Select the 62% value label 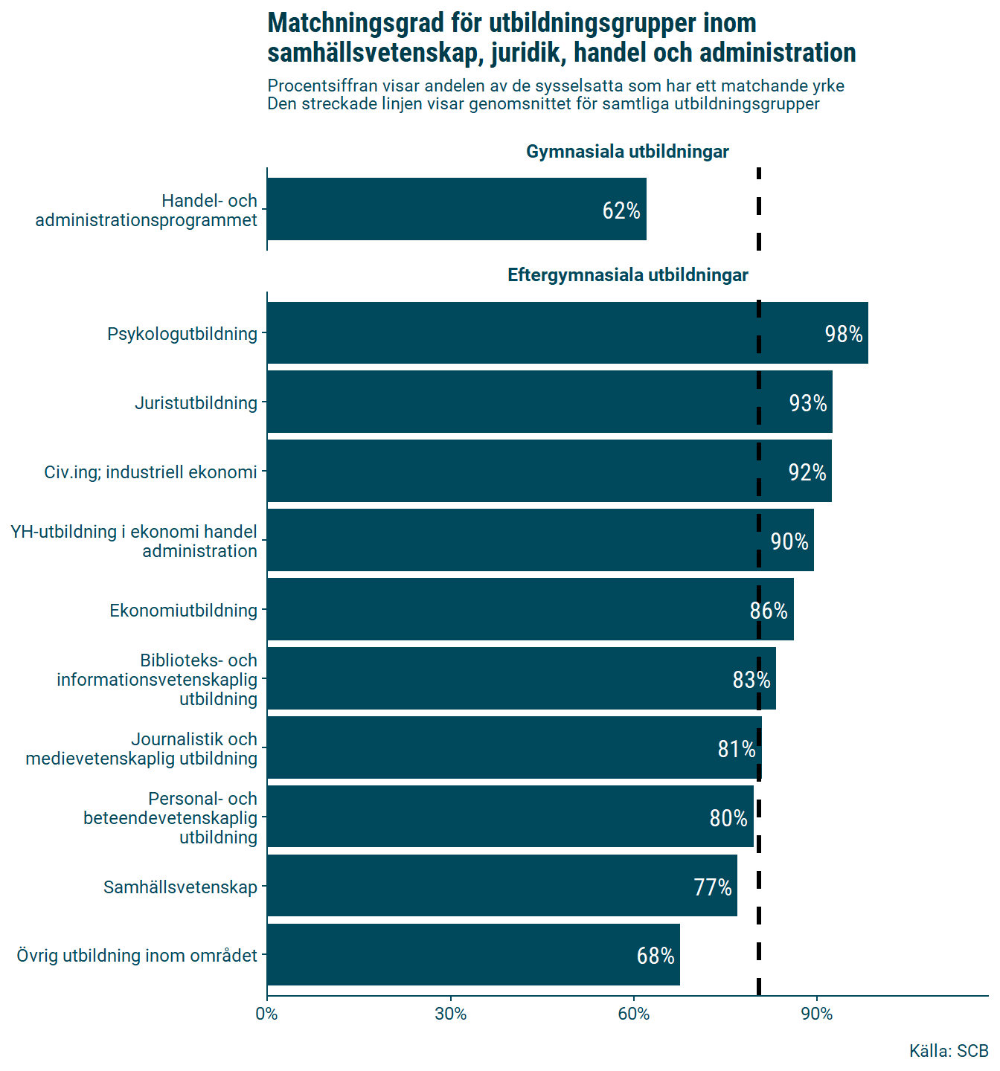[x=621, y=210]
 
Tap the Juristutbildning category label [x=196, y=403]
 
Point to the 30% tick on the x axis [x=451, y=1014]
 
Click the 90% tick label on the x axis [x=817, y=1014]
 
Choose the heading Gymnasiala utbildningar [x=627, y=152]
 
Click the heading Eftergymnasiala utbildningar [x=627, y=275]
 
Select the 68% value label [x=656, y=956]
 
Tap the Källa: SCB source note [x=949, y=1051]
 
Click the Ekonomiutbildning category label [x=183, y=611]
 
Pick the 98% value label [x=844, y=334]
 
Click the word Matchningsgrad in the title [x=355, y=23]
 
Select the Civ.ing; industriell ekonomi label [x=150, y=472]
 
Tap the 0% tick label [x=266, y=1014]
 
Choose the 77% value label [x=713, y=887]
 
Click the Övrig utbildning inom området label [x=137, y=956]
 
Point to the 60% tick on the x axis [x=634, y=1014]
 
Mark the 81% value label [x=737, y=749]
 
